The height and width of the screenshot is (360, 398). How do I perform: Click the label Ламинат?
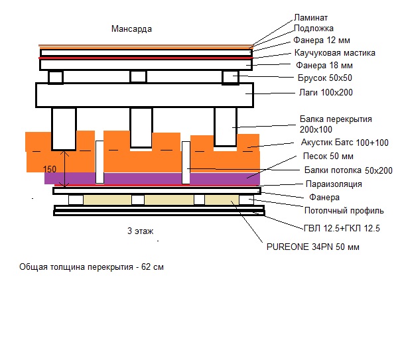(310, 17)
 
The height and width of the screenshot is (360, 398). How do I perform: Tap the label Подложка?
(314, 29)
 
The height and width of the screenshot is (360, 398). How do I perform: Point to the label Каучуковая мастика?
(335, 53)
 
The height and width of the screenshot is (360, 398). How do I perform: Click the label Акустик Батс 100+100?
(344, 143)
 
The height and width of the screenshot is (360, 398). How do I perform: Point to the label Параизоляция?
(333, 184)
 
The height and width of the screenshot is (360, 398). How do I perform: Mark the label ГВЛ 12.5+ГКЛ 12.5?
(342, 228)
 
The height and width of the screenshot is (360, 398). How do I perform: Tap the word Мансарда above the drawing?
(132, 30)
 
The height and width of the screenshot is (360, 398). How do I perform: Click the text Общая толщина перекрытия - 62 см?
(92, 267)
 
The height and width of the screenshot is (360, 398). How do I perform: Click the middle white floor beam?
(141, 127)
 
